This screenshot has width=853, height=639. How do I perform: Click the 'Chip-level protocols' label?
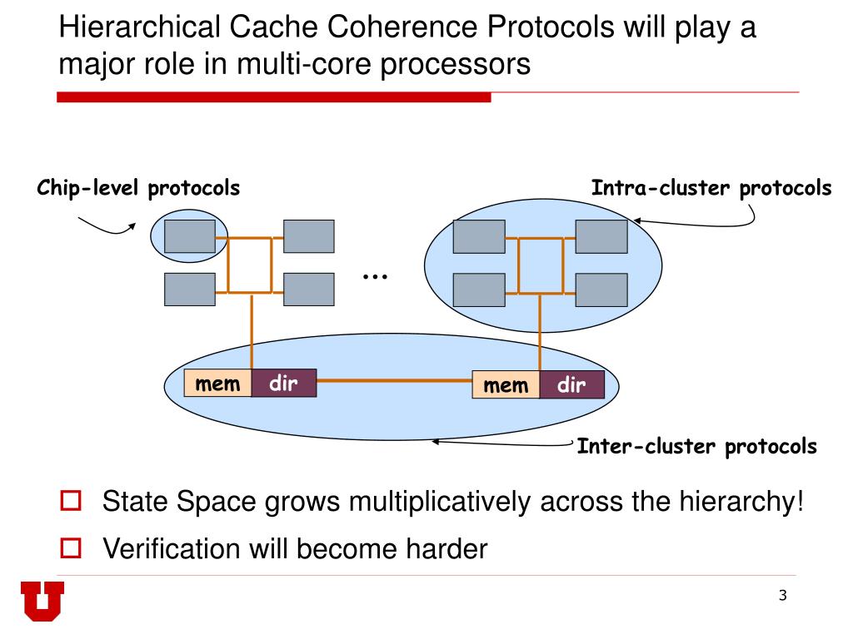click(x=138, y=189)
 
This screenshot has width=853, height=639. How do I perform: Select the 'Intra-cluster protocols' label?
click(x=711, y=188)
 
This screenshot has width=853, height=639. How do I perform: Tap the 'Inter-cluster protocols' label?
click(x=697, y=447)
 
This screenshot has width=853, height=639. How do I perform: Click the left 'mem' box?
click(x=217, y=384)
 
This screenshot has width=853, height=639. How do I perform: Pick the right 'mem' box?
click(x=506, y=385)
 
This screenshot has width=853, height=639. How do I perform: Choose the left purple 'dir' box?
click(x=283, y=384)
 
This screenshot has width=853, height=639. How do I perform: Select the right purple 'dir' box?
click(x=571, y=385)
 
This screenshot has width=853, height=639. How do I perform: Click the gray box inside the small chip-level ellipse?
click(x=189, y=236)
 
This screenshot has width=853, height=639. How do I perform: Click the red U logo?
click(x=42, y=601)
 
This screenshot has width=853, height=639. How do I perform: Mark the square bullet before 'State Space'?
click(x=71, y=502)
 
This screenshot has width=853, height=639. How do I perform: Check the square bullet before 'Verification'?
click(x=71, y=547)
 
